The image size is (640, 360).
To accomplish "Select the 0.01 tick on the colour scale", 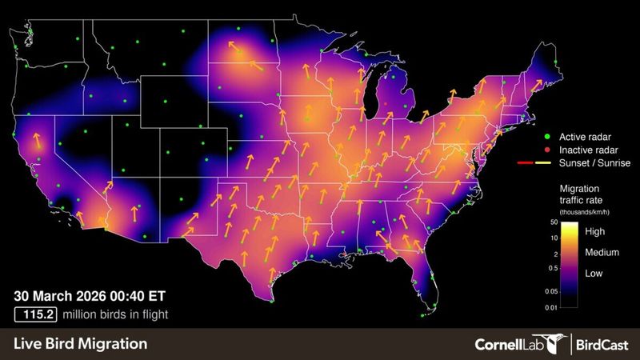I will (551, 307).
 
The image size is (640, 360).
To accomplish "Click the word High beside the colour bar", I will (596, 232).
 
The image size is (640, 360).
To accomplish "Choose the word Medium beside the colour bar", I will (602, 253).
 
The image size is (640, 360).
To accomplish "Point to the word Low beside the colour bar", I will (595, 273).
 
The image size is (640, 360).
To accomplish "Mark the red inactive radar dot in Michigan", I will (386, 103).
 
